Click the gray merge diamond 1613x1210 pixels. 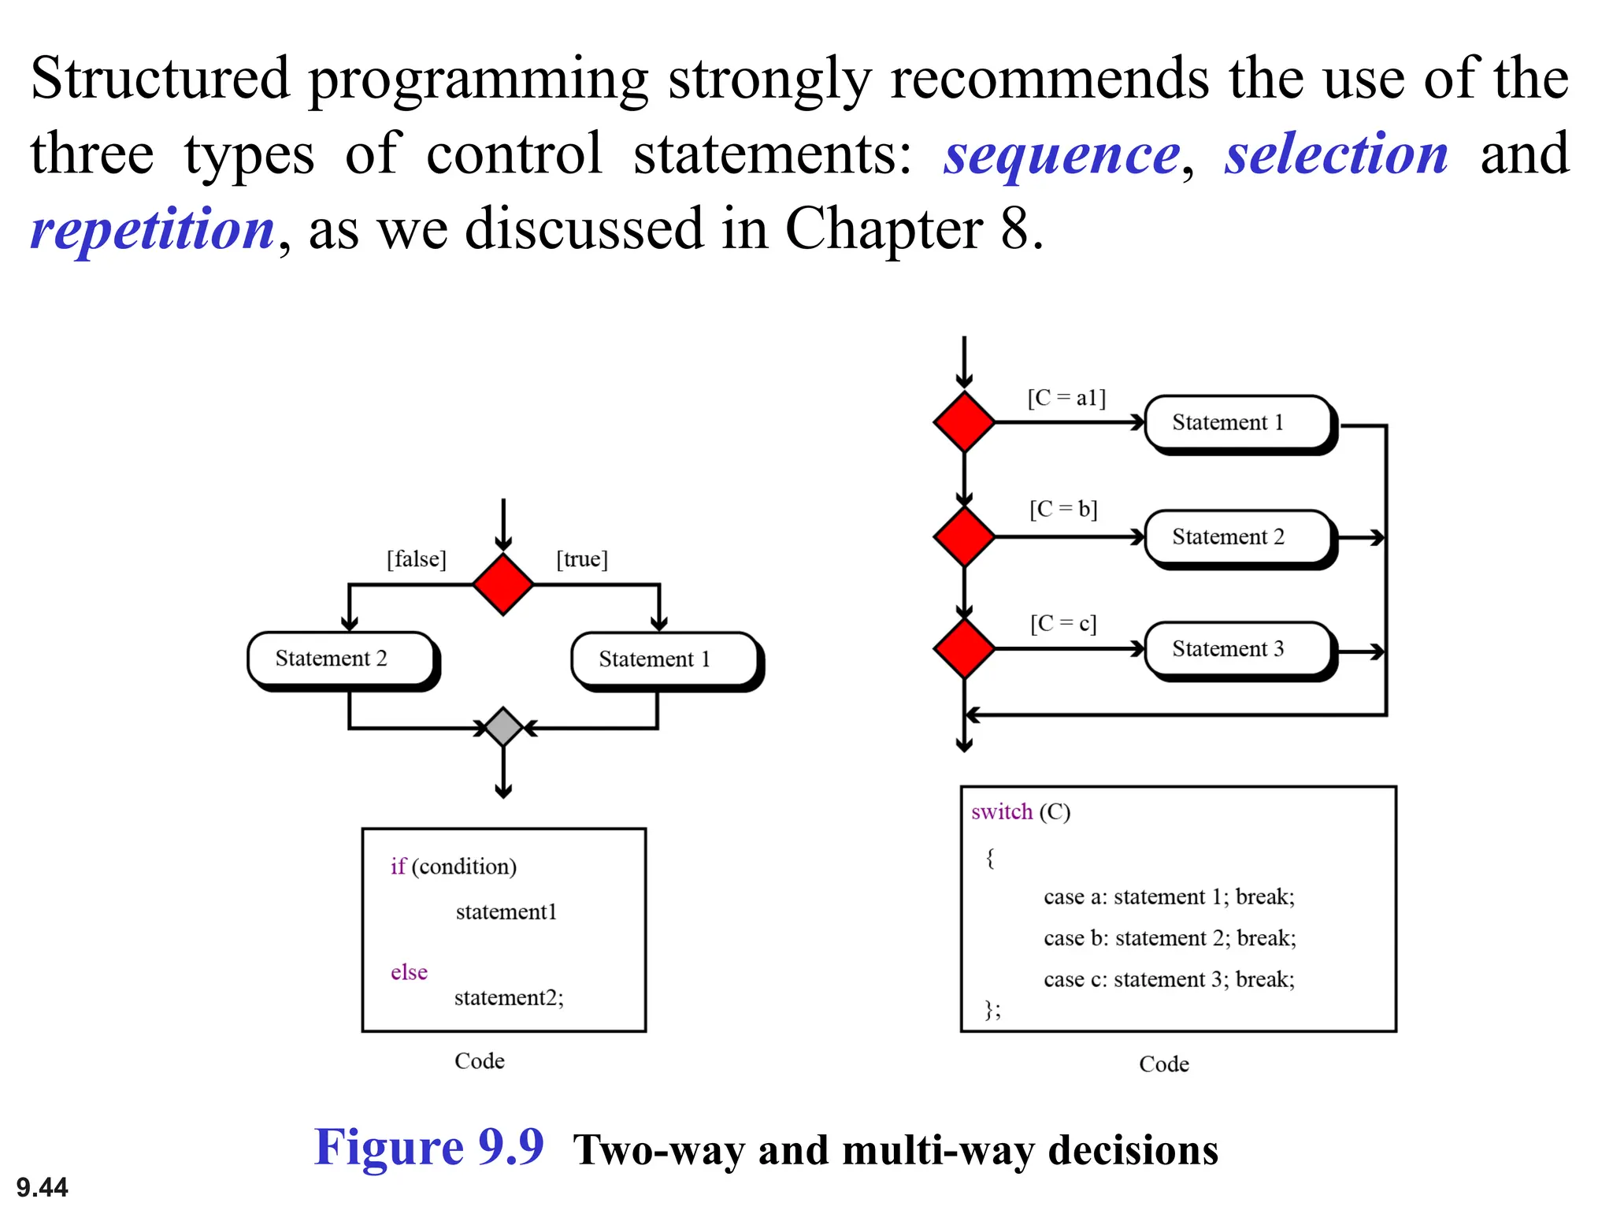pyautogui.click(x=503, y=726)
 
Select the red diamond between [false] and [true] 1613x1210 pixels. pyautogui.click(x=503, y=584)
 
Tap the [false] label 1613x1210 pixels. pyautogui.click(x=416, y=559)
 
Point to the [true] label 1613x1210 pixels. pyautogui.click(x=582, y=559)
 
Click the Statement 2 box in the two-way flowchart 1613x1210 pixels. pyautogui.click(x=340, y=659)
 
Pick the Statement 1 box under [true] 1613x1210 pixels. pyautogui.click(x=664, y=659)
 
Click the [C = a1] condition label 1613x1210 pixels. pyautogui.click(x=1066, y=398)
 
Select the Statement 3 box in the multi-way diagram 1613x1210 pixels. pyautogui.click(x=1237, y=649)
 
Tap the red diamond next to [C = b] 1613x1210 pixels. pyautogui.click(x=964, y=536)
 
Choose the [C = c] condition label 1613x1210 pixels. pyautogui.click(x=1063, y=624)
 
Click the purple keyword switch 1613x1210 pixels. pyautogui.click(x=1001, y=811)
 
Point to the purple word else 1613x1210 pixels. pyautogui.click(x=409, y=972)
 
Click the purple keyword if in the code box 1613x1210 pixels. pyautogui.click(x=398, y=867)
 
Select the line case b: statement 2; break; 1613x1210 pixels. pyautogui.click(x=1169, y=938)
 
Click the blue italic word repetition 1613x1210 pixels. pyautogui.click(x=153, y=229)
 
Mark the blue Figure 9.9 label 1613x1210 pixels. pyautogui.click(x=429, y=1147)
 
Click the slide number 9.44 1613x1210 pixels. pyautogui.click(x=42, y=1186)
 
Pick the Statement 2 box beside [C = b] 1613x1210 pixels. pyautogui.click(x=1237, y=537)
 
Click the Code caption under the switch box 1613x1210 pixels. pyautogui.click(x=1163, y=1064)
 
